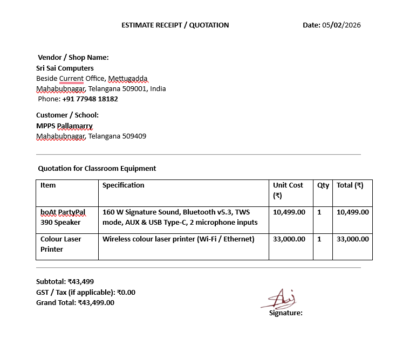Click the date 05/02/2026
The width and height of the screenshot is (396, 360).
click(341, 25)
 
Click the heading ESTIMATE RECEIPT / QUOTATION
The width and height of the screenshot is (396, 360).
click(175, 25)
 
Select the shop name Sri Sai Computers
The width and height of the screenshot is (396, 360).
click(65, 68)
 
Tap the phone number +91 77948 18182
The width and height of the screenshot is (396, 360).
click(90, 99)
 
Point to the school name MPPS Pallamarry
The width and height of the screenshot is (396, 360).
click(64, 126)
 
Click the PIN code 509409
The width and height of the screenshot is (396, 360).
click(134, 136)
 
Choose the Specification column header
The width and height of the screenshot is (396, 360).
click(124, 185)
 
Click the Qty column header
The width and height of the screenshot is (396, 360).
click(323, 185)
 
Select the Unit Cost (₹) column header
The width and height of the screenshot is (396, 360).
click(288, 190)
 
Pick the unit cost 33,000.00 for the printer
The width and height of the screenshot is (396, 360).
click(289, 239)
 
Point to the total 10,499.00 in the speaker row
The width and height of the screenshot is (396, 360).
click(353, 212)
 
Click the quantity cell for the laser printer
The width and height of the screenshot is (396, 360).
click(319, 239)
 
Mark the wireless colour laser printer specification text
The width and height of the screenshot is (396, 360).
click(178, 239)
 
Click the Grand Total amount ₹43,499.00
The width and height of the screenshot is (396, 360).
click(96, 302)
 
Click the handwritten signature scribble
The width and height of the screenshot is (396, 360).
click(280, 299)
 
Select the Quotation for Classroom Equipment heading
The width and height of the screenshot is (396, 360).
click(97, 168)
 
